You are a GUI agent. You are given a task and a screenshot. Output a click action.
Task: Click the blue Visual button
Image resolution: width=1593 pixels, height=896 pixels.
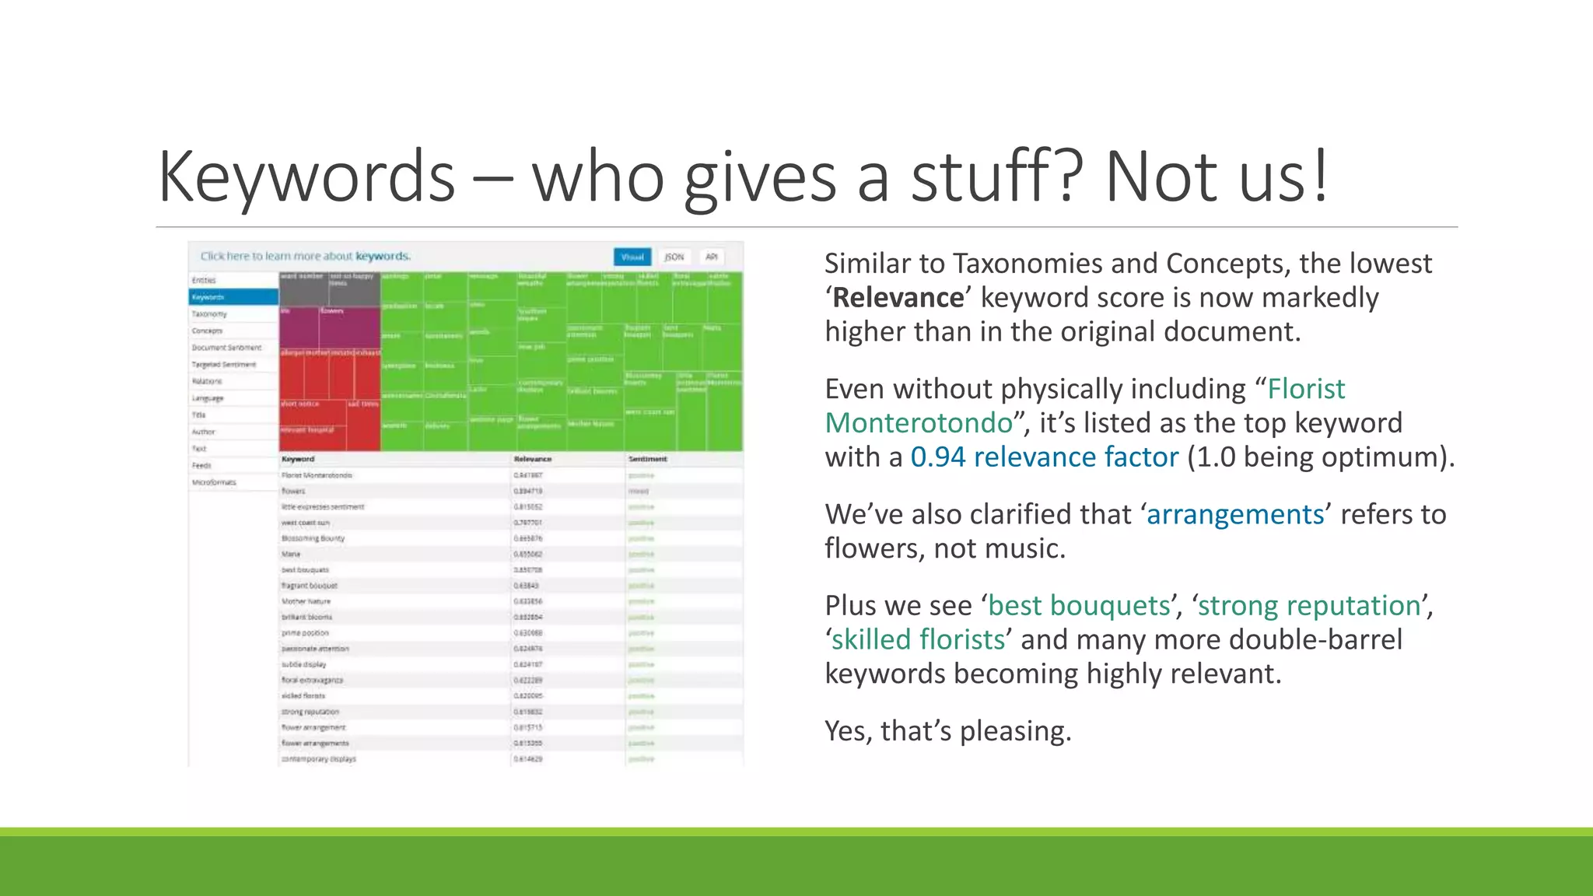632,257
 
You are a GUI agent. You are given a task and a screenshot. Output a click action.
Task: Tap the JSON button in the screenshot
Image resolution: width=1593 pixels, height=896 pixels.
674,257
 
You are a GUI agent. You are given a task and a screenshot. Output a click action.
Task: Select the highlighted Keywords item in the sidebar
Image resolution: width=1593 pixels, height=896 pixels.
233,297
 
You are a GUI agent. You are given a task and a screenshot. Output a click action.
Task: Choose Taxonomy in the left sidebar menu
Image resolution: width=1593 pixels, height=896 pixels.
209,314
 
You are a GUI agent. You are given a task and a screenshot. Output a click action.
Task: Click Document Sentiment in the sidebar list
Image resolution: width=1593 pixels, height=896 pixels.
226,348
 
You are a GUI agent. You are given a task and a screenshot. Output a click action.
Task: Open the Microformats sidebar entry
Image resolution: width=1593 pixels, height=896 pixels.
214,482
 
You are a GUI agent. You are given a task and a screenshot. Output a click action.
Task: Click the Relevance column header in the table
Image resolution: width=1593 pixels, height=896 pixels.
533,459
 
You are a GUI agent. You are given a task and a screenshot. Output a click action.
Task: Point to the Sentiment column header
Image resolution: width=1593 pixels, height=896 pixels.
647,459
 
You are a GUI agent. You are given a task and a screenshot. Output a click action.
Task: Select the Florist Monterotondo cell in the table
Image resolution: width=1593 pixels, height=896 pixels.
317,475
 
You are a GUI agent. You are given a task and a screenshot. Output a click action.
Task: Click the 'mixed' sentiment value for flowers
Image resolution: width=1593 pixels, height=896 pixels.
638,491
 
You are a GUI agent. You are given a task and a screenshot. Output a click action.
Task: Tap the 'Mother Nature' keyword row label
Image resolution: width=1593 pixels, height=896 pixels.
306,601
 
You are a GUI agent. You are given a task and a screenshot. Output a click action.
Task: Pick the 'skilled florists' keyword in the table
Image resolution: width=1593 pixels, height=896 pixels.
303,696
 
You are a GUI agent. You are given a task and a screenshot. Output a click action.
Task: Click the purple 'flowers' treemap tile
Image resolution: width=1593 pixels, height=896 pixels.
348,327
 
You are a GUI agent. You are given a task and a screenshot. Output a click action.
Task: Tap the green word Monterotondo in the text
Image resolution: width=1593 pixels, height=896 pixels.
919,423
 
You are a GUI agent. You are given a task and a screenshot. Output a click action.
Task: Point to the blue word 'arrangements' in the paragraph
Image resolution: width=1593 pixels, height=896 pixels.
1235,515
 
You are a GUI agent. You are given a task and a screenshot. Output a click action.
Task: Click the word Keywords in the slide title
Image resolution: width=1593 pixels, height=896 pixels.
306,177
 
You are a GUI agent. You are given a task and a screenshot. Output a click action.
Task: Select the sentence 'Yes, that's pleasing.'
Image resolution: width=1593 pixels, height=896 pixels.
947,731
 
